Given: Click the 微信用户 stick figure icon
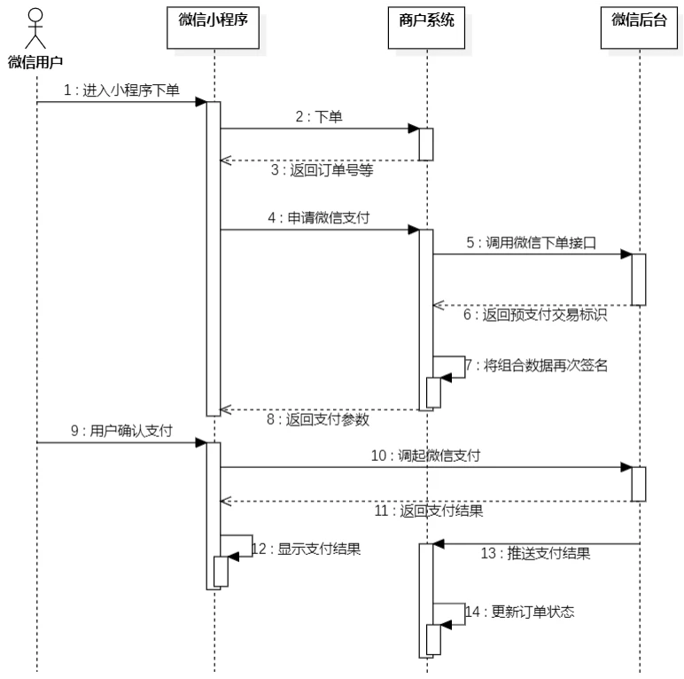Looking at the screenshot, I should (x=35, y=29).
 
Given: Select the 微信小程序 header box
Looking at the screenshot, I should (x=214, y=20).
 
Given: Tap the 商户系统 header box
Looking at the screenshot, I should (x=426, y=20).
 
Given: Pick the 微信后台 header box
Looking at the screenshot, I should (x=638, y=20).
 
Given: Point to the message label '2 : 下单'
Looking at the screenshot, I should (x=319, y=117).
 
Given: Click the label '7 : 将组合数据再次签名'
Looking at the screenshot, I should (x=537, y=366).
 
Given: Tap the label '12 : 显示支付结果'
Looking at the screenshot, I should (x=306, y=549).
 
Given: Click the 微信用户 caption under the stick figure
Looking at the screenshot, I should (x=35, y=61).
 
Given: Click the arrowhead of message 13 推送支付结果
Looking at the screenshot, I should (x=439, y=543).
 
